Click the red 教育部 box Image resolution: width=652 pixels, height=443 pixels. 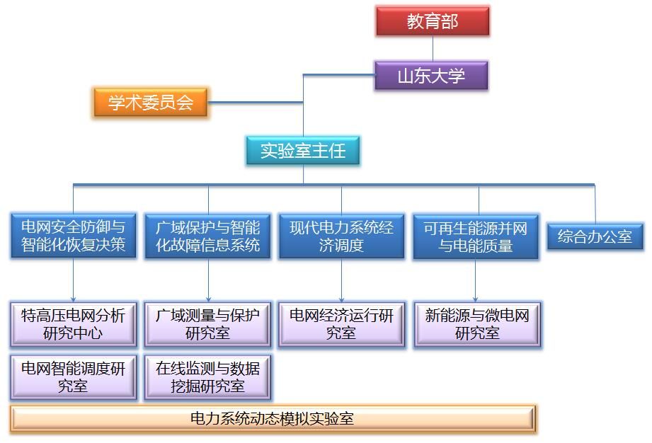point(433,21)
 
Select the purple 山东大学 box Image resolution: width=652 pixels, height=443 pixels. point(431,76)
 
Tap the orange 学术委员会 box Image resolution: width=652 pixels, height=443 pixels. point(151,102)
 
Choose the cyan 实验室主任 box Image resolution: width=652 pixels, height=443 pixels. point(303,151)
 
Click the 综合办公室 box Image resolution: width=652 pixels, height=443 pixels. point(595,236)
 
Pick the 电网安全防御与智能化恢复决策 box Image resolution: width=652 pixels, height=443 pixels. point(73,236)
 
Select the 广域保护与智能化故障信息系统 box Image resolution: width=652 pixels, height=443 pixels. point(207,236)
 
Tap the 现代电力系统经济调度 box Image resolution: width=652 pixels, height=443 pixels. point(341,236)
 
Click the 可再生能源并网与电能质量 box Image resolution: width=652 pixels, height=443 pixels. point(476,237)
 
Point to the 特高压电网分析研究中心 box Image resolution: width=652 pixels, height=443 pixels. point(73,325)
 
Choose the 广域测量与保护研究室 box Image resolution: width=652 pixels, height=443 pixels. point(207,325)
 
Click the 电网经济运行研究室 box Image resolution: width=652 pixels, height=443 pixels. point(341,325)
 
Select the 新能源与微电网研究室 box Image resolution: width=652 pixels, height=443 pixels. point(477,325)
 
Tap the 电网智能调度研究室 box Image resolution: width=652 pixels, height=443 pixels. point(73,377)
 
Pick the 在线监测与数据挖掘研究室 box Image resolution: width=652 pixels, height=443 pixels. point(207,377)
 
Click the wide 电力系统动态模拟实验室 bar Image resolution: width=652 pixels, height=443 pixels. point(273,419)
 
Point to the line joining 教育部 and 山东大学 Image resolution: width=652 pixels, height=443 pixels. point(433,49)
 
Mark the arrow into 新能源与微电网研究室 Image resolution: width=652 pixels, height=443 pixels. point(475,280)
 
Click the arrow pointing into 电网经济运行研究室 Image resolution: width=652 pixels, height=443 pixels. point(341,280)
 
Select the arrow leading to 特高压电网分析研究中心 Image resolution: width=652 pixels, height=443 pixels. point(73,280)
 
